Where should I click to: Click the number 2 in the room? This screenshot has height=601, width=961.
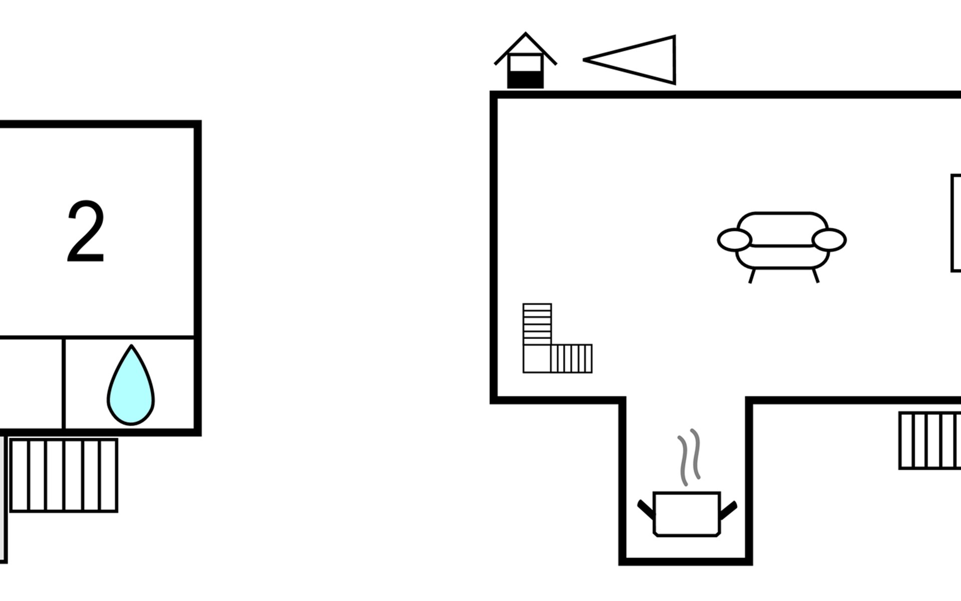86,231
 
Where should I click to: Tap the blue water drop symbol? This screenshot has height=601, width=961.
131,388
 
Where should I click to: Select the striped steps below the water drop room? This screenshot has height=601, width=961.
64,475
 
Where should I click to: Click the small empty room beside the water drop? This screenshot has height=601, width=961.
31,384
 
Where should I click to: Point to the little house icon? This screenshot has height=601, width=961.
525,62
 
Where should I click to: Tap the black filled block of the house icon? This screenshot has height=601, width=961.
525,80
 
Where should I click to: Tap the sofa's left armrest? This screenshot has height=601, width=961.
734,239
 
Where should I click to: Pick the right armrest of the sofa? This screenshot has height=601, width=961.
829,239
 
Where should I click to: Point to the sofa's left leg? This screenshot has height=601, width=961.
752,276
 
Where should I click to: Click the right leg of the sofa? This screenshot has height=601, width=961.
816,276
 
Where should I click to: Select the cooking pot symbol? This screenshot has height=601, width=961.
687,514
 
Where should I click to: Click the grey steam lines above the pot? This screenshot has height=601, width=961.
689,456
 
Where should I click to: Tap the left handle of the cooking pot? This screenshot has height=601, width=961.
646,509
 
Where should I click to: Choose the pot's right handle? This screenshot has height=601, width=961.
728,509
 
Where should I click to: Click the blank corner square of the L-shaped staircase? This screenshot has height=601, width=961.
537,359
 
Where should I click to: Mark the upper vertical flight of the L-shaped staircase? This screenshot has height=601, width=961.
537,324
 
